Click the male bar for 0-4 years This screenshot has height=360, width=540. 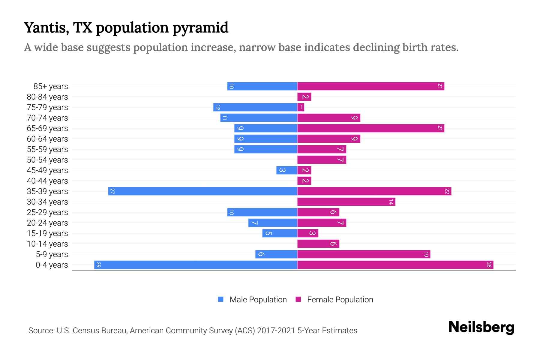click(x=196, y=265)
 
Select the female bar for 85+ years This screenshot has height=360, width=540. click(x=370, y=86)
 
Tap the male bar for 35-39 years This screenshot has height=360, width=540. click(x=203, y=191)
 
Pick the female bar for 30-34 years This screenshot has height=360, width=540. click(x=346, y=202)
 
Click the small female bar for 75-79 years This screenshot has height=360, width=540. click(x=301, y=107)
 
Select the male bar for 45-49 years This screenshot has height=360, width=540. click(x=287, y=170)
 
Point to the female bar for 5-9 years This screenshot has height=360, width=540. click(x=364, y=254)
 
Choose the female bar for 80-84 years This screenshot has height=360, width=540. click(x=304, y=97)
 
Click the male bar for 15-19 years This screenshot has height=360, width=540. click(x=280, y=233)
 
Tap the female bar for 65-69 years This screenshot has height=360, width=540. click(x=370, y=128)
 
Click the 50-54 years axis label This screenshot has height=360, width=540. click(x=47, y=160)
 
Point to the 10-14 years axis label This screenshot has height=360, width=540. click(x=47, y=244)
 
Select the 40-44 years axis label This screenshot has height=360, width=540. click(x=47, y=181)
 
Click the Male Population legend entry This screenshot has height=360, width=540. click(x=258, y=300)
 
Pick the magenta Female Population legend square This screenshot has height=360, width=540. click(x=298, y=299)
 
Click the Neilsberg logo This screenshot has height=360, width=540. click(x=481, y=327)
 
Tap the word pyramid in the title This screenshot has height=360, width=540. click(x=200, y=28)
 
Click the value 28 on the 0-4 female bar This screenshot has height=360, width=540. click(x=489, y=265)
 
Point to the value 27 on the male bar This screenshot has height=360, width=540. click(x=112, y=191)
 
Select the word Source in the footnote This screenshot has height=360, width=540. click(x=41, y=331)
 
